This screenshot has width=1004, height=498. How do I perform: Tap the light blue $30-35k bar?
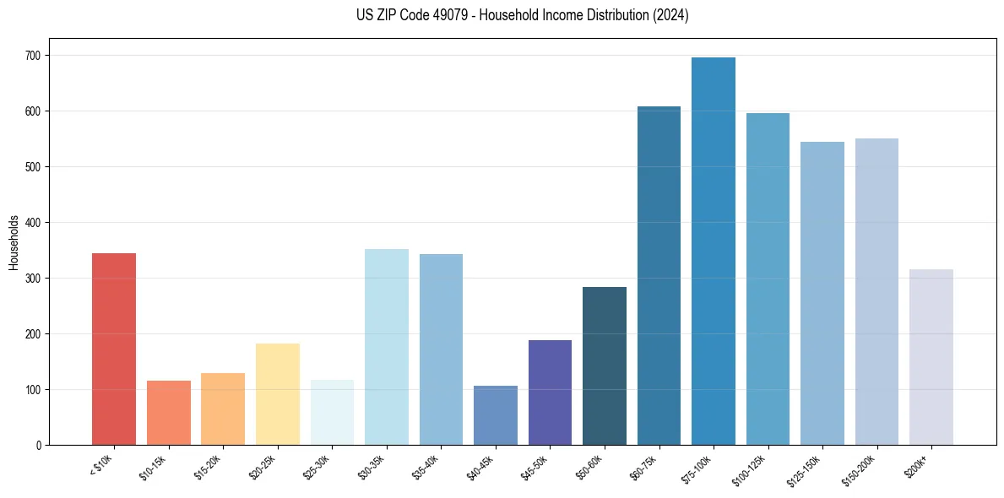[386, 347]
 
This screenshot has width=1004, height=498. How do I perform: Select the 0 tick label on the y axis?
[40, 446]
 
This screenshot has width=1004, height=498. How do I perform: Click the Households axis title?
[14, 242]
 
